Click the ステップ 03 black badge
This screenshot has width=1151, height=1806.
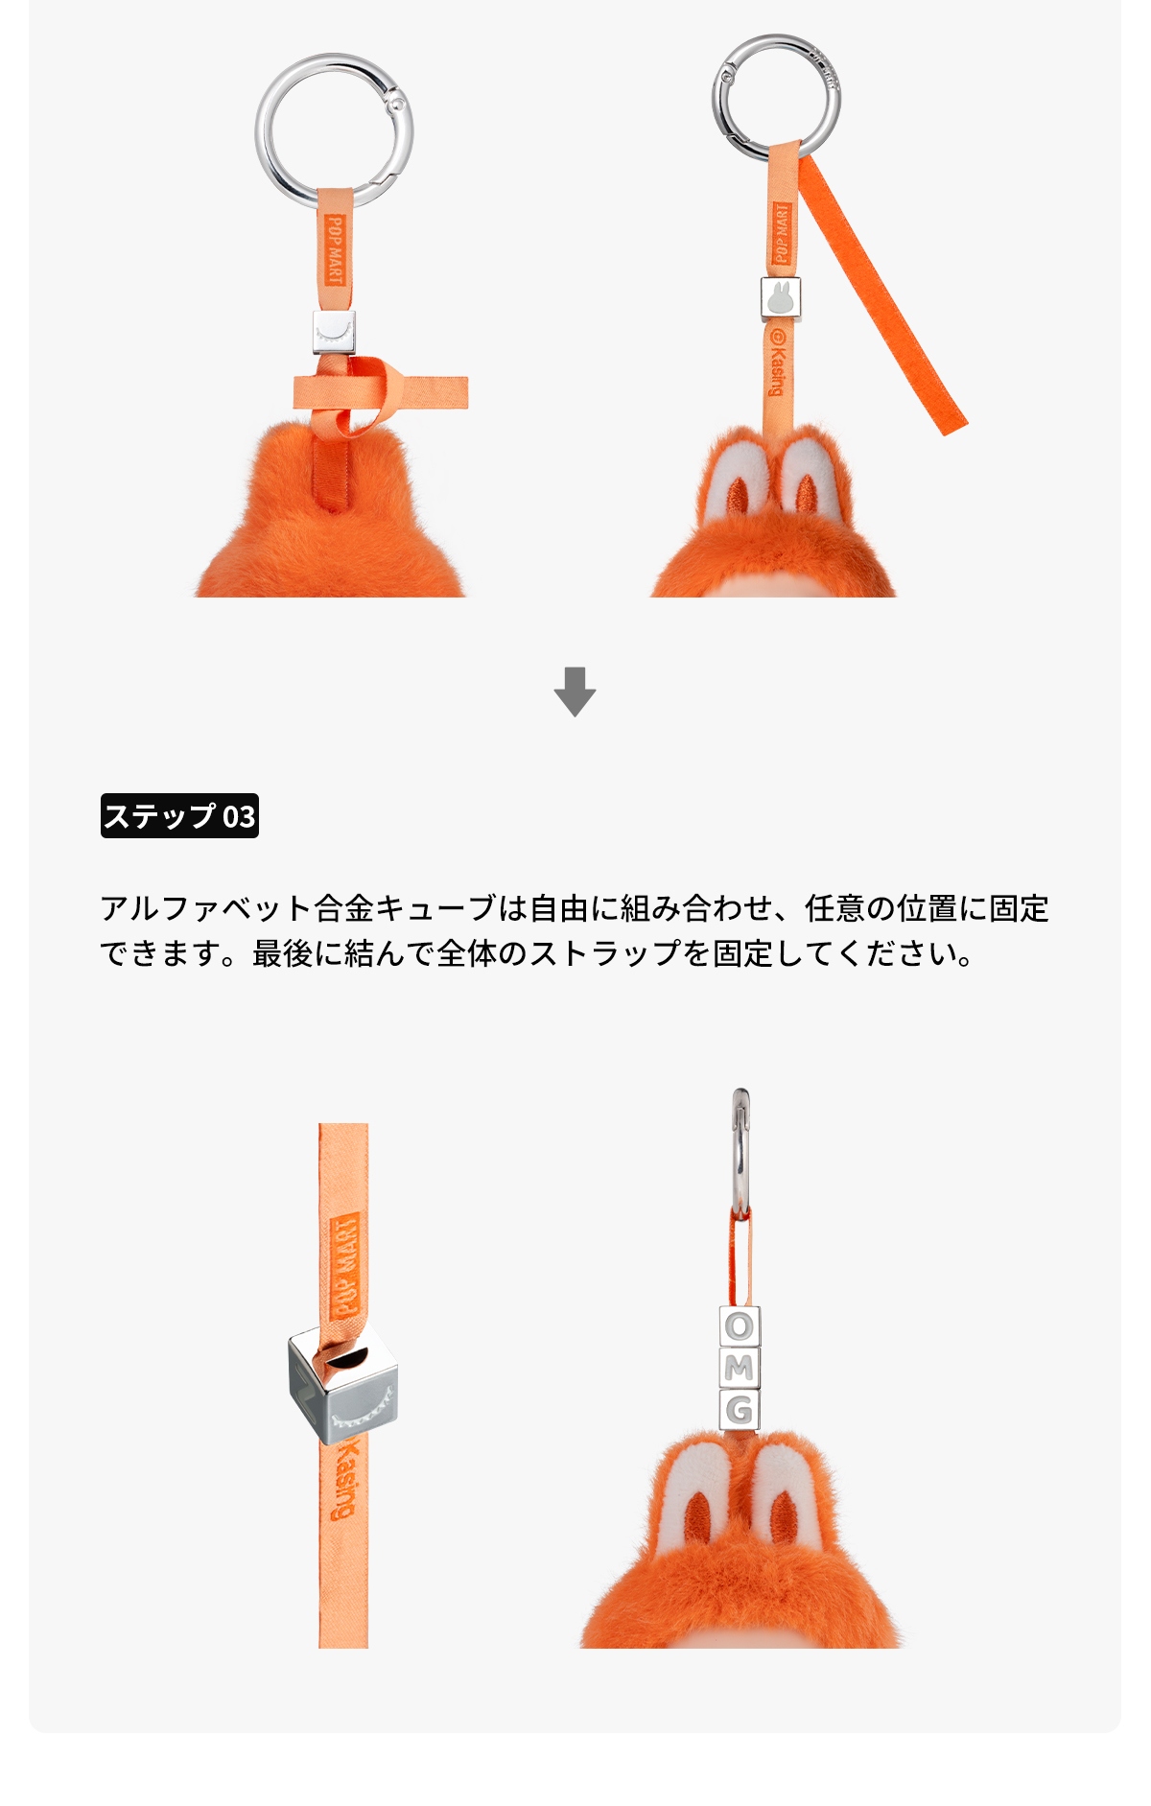coord(179,815)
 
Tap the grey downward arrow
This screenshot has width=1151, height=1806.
coord(575,692)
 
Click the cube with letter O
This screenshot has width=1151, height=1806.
coord(740,1326)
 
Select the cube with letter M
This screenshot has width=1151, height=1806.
coord(740,1369)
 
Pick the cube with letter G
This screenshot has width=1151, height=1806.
coord(740,1410)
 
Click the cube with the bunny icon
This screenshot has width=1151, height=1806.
coord(781,298)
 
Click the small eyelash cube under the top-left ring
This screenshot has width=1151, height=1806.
coord(334,332)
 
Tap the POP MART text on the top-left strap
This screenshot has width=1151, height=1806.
coord(334,250)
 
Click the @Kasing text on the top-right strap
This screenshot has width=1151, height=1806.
coord(777,363)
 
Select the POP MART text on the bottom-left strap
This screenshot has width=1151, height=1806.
coord(344,1265)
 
